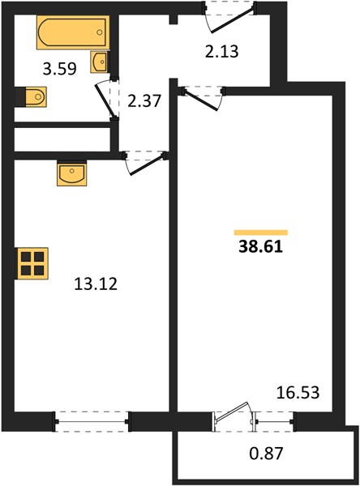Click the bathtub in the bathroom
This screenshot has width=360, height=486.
pos(73,32)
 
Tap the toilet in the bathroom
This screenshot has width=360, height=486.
pos(31,97)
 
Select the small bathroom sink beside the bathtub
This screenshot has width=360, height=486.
pos(99,62)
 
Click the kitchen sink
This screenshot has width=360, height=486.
pos(72,173)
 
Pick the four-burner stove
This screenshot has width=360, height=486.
pos(32,263)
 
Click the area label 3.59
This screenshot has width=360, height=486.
pos(59,69)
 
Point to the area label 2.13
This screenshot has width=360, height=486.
pos(222,52)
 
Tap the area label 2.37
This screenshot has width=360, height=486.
pos(144,101)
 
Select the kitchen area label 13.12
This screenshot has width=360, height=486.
pos(96,283)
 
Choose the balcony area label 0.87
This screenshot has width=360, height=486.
pos(266,453)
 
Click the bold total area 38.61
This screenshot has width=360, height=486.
pos(261,247)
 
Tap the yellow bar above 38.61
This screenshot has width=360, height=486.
pos(261,232)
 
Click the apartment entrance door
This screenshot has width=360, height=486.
pos(229,17)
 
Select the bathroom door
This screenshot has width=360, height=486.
pos(107,99)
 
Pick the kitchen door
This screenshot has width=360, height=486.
pos(145,163)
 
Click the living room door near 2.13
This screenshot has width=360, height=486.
pos(204,98)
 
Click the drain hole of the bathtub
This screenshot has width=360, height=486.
pos(100,32)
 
